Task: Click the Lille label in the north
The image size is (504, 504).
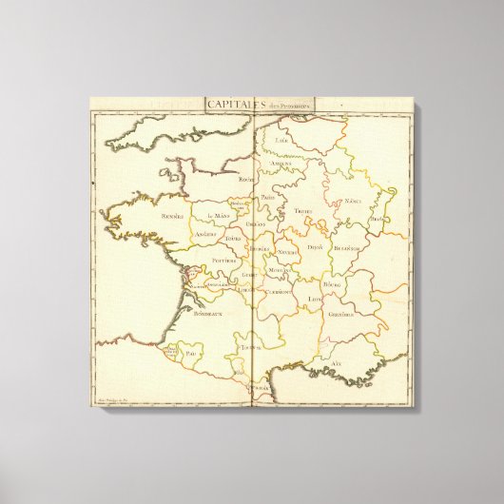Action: tap(281, 141)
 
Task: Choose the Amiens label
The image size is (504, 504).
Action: tap(281, 163)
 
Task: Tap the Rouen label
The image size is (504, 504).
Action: tap(248, 179)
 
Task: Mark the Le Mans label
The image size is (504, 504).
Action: tap(219, 215)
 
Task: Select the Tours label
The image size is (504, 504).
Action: tap(233, 238)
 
